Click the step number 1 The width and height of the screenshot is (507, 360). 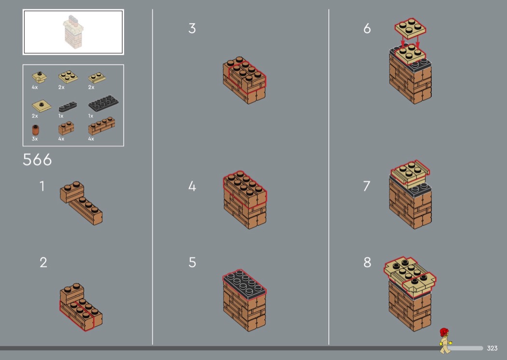point(42,186)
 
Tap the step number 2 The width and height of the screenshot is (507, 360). point(43,263)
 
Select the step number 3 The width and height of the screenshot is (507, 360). point(192,28)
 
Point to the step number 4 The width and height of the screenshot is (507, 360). point(192,186)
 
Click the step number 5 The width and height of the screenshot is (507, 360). point(192,263)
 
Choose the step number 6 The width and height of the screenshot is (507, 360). point(367,28)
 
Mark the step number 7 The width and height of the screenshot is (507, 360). point(366,186)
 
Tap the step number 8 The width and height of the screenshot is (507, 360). point(367,263)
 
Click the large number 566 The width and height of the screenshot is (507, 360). point(37,160)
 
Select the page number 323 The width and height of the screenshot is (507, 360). point(492,348)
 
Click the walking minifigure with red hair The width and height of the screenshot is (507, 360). point(445,341)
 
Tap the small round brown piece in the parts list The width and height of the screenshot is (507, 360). point(36,130)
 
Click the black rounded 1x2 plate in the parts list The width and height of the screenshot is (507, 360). point(68,106)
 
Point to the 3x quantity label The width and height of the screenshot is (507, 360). point(35,138)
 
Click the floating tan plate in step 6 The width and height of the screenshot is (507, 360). point(410,28)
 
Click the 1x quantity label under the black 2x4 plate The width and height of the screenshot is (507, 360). point(91,116)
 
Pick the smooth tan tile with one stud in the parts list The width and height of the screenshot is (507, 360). point(42,106)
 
